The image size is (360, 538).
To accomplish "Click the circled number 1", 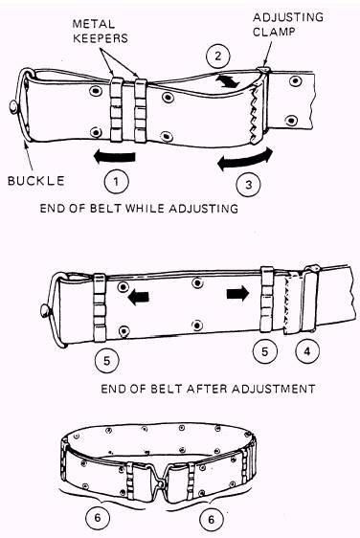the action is click(x=116, y=181).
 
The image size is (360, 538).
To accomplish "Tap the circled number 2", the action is click(x=218, y=56).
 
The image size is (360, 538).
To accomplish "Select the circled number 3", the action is click(x=249, y=185).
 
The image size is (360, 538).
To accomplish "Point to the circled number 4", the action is click(x=307, y=351).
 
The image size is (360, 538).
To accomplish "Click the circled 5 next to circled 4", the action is click(x=264, y=351).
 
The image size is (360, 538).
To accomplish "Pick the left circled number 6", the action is click(x=98, y=517).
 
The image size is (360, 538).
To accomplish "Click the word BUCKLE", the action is click(x=36, y=181).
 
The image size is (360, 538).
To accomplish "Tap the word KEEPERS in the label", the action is click(x=101, y=38).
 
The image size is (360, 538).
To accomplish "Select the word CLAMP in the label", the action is click(x=274, y=32).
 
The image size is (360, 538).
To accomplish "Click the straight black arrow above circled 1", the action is click(x=115, y=156).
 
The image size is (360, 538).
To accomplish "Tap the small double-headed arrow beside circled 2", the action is click(x=227, y=81).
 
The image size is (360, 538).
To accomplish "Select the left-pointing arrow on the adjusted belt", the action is click(x=138, y=297).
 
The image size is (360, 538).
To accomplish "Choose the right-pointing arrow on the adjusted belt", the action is click(x=237, y=293).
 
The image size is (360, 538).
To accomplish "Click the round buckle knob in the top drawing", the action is click(x=13, y=107).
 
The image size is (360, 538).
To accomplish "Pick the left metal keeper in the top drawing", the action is click(x=117, y=110).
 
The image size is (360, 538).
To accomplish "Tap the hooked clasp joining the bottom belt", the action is click(x=159, y=475).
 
